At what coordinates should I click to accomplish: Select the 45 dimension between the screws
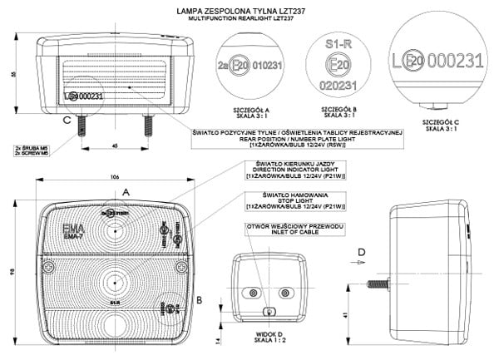[x=114, y=146]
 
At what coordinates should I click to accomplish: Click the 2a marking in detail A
[x=222, y=64]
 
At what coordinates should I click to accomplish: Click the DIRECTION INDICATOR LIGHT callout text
[x=279, y=170]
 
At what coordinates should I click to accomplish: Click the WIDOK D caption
[x=264, y=330]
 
